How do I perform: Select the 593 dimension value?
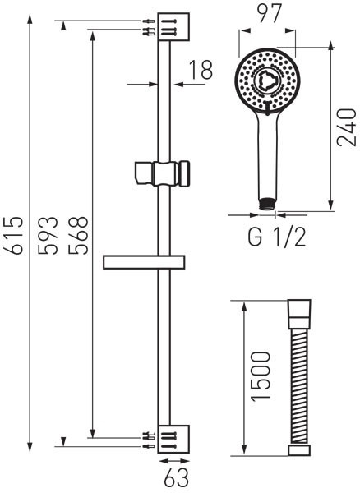pyautogui.click(x=48, y=235)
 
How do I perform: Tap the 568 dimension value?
pyautogui.click(x=78, y=235)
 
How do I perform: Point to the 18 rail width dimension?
pyautogui.click(x=201, y=70)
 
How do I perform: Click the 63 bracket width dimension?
pyautogui.click(x=177, y=478)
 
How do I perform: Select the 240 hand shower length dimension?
pyautogui.click(x=346, y=127)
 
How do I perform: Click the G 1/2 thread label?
pyautogui.click(x=277, y=237)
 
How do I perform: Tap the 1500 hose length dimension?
pyautogui.click(x=261, y=376)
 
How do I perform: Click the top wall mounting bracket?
pyautogui.click(x=173, y=27)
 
